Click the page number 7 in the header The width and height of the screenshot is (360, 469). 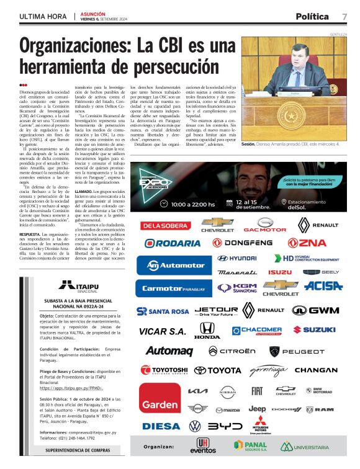click(x=344, y=16)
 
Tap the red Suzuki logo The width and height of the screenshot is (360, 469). click(x=314, y=330)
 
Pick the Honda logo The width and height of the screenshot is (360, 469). click(x=207, y=332)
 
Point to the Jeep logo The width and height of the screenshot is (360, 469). click(x=257, y=409)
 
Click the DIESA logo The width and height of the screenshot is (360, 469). click(x=161, y=426)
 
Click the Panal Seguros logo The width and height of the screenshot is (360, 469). click(x=250, y=446)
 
